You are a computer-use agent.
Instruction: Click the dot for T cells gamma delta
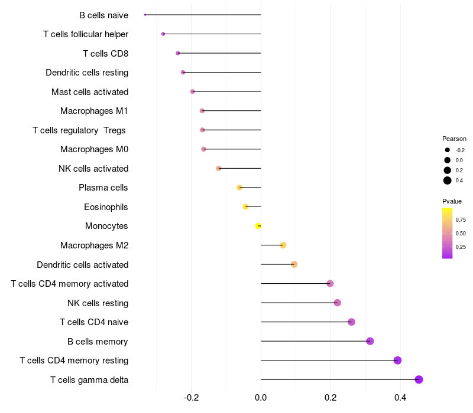[419, 379]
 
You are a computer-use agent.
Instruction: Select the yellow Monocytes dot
[258, 226]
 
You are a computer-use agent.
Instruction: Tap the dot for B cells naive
[145, 15]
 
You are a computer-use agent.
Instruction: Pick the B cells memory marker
[370, 341]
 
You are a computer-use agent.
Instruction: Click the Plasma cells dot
[239, 188]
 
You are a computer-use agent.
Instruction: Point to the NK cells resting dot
[338, 303]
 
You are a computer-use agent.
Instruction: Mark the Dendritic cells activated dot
[294, 264]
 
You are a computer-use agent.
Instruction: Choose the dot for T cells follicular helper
[163, 34]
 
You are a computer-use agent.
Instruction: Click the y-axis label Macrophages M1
[94, 111]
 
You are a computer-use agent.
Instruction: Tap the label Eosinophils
[106, 207]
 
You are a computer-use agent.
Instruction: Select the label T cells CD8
[106, 54]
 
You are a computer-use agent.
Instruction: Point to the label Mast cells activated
[90, 92]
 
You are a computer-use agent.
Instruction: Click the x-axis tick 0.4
[400, 398]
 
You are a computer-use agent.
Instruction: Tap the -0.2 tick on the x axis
[191, 398]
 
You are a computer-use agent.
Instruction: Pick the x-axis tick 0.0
[261, 398]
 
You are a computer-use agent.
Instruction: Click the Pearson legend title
[454, 139]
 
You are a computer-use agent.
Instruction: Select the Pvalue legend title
[452, 201]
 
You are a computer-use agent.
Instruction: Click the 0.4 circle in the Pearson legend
[448, 181]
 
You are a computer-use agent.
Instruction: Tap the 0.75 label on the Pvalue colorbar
[461, 219]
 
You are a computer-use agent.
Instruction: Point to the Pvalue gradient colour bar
[448, 233]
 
